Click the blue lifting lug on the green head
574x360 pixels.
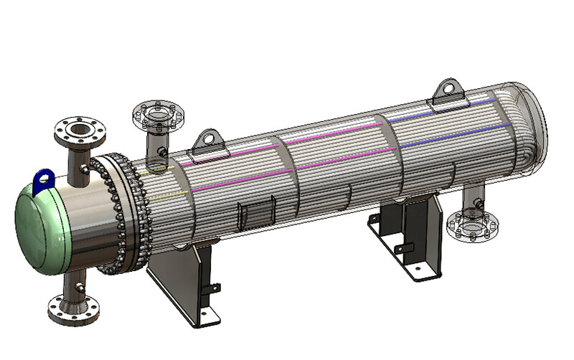tap(44, 177)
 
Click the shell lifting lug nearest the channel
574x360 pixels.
tap(207, 141)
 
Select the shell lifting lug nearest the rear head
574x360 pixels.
tap(446, 91)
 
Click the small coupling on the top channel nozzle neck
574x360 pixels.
tap(86, 169)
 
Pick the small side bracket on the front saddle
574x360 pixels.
tap(213, 288)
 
